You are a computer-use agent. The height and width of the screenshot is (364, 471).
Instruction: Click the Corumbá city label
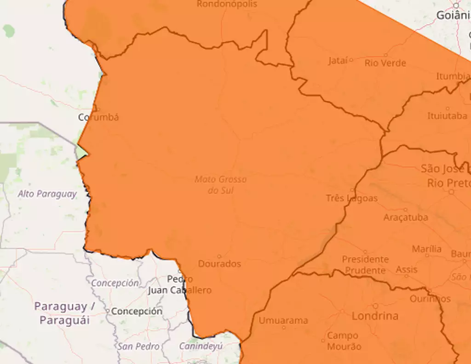[x=98, y=117]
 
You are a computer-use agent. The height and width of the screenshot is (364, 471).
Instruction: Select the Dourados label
[x=219, y=264]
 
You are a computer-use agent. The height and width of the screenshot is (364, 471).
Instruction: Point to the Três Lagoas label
[x=351, y=198]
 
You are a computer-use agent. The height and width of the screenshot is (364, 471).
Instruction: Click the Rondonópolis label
[x=227, y=4]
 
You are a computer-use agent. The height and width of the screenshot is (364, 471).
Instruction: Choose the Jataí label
[x=338, y=61]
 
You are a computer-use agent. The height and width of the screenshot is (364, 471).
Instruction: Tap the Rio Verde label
[x=385, y=63]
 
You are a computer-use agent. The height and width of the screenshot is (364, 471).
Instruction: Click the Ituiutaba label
[x=447, y=116]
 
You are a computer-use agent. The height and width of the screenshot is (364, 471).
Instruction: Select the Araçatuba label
[x=405, y=217]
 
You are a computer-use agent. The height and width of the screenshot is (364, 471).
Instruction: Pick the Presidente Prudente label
[x=365, y=265]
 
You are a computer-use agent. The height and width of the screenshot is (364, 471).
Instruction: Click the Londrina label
[x=375, y=316]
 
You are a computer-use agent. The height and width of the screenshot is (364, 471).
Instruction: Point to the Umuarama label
[x=283, y=320]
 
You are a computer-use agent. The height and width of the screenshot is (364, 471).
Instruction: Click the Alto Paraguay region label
[x=47, y=194]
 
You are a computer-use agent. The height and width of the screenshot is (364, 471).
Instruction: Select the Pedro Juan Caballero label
[x=180, y=284]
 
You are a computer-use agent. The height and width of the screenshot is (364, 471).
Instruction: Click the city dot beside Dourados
[x=219, y=256]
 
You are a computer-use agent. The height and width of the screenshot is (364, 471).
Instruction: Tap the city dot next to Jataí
[x=351, y=60]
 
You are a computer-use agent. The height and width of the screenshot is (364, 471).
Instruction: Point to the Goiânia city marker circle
[x=456, y=6]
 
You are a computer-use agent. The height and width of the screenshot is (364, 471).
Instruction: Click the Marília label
[x=426, y=249]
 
